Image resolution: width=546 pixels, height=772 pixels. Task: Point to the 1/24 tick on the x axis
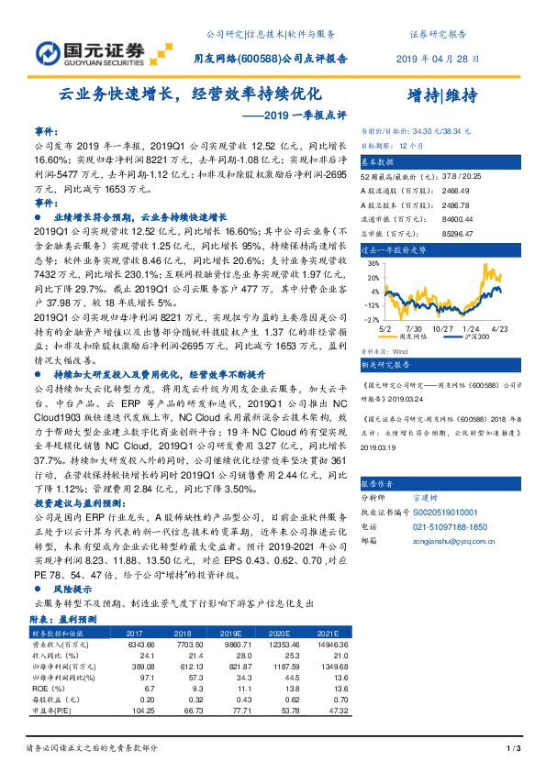coord(471,327)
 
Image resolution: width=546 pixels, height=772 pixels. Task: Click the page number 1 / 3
coord(514,749)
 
